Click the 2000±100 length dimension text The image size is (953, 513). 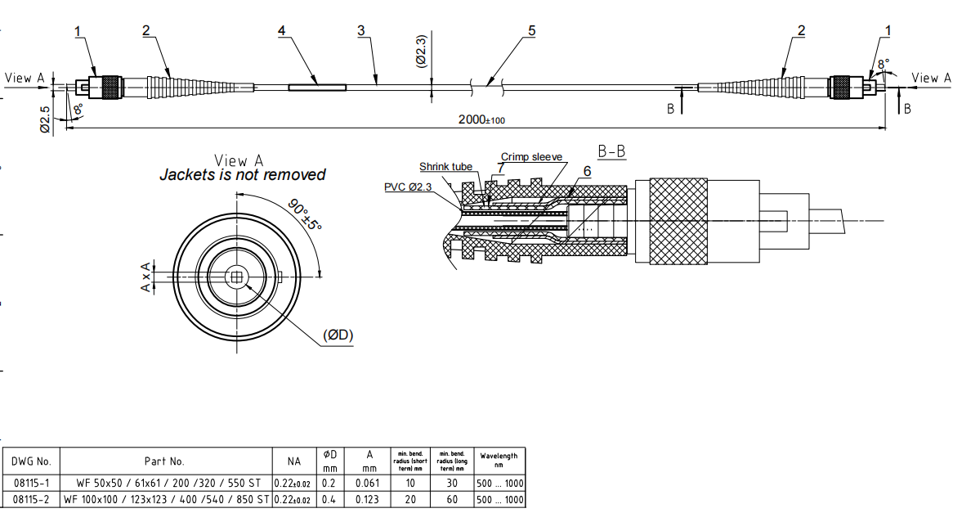(481, 119)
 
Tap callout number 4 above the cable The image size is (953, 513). (281, 31)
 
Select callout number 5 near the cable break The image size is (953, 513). (531, 31)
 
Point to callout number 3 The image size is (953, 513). (360, 31)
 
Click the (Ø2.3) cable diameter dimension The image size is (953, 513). (421, 51)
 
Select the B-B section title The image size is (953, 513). (612, 152)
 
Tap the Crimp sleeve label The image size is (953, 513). (531, 157)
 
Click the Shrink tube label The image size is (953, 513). (445, 167)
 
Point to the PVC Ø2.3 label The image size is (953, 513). (409, 187)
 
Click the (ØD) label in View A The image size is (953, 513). (338, 335)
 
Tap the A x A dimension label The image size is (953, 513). (146, 277)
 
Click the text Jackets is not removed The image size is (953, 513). (242, 174)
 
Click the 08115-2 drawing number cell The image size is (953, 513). (32, 499)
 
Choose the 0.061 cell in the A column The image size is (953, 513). (369, 483)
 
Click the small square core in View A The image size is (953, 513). (237, 277)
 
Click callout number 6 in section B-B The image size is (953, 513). (586, 171)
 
